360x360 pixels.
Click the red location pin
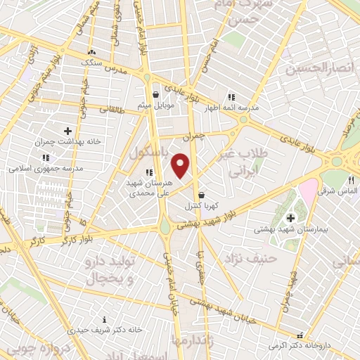point(181,165)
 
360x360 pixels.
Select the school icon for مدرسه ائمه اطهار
point(230,98)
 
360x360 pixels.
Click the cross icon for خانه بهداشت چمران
point(67,131)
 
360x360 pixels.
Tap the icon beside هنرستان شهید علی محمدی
point(148,172)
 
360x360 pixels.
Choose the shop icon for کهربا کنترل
point(202,195)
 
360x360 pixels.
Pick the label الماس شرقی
point(340,191)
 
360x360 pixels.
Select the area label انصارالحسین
point(316,68)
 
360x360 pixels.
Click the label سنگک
point(91,63)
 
